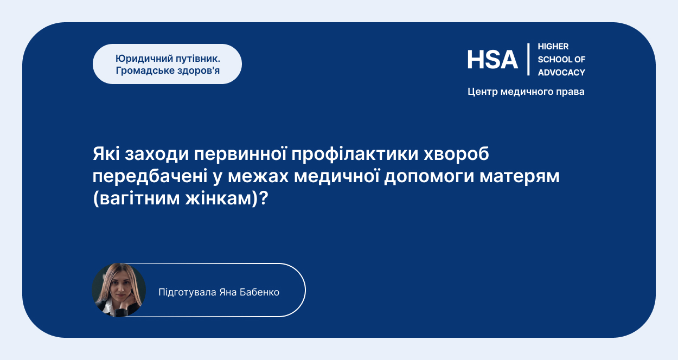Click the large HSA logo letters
(492, 60)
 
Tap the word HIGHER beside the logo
(553, 47)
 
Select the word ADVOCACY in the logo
(561, 73)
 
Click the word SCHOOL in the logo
(553, 60)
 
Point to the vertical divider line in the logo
(528, 59)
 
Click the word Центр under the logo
(483, 92)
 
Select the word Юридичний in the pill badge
(144, 59)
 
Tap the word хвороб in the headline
(456, 154)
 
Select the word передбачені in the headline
(150, 176)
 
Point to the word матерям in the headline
(520, 177)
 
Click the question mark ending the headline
(264, 198)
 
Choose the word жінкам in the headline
(219, 199)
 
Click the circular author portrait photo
(119, 290)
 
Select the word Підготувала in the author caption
(187, 293)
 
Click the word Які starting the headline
(106, 153)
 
